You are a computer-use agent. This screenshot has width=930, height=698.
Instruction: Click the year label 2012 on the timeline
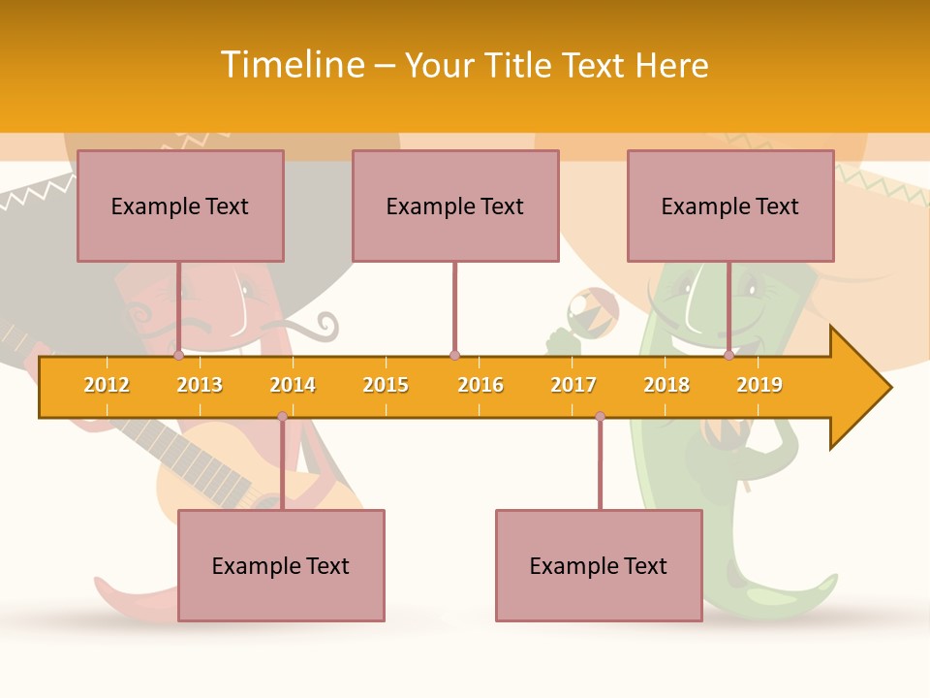[107, 386]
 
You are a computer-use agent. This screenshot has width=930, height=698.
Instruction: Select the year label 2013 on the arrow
[200, 386]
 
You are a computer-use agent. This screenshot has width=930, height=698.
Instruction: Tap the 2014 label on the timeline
[293, 386]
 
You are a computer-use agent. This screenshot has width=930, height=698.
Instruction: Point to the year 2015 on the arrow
[386, 386]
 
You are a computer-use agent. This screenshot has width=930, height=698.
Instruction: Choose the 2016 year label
[480, 386]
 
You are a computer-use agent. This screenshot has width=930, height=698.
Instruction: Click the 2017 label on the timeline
[573, 386]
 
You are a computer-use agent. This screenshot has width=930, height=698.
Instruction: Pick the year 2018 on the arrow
[666, 386]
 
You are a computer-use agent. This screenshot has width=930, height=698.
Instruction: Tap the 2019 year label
[759, 386]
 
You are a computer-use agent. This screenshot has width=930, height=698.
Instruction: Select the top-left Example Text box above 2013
[180, 206]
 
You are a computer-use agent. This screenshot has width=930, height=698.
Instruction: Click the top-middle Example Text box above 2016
[455, 206]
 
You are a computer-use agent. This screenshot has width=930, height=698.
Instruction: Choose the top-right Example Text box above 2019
[730, 206]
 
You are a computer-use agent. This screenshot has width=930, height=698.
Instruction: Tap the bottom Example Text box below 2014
[281, 565]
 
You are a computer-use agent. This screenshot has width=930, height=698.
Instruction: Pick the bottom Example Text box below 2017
[599, 565]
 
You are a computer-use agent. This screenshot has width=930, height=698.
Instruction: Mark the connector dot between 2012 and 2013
[178, 356]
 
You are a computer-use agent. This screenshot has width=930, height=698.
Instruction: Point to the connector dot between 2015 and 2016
[454, 356]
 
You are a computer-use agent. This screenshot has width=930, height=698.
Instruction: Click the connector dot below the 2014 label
[282, 417]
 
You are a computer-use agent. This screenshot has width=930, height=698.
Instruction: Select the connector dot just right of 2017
[600, 417]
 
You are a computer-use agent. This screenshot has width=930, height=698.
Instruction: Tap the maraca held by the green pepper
[593, 311]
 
